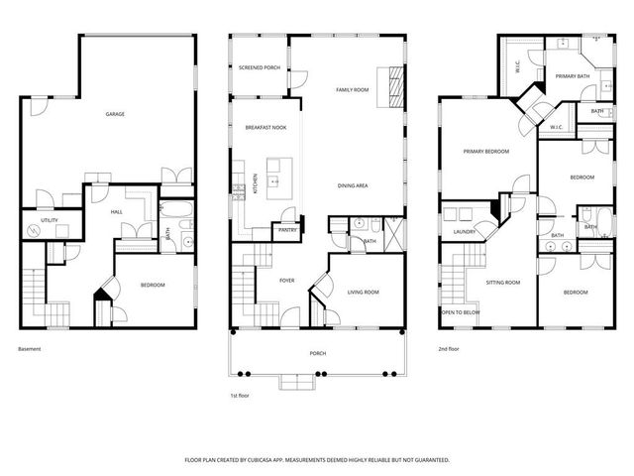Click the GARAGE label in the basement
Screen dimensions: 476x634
(115, 114)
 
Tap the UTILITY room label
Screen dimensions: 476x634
(49, 219)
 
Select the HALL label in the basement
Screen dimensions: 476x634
(117, 212)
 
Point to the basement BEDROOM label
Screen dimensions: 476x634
(152, 286)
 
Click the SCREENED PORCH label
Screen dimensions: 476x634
(259, 68)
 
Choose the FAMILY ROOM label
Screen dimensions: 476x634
(352, 90)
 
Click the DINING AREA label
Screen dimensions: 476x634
(354, 185)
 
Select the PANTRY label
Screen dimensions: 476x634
(287, 230)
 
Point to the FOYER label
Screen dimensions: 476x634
(287, 281)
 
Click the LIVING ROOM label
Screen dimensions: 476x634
(364, 292)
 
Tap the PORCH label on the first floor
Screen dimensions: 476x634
(317, 353)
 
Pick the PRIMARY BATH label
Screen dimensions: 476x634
(573, 76)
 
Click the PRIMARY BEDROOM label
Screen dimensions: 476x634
(486, 152)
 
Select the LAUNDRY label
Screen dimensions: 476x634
(464, 232)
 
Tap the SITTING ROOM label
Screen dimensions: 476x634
(503, 283)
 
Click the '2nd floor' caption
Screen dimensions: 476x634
(450, 349)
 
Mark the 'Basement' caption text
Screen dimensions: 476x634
(31, 349)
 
